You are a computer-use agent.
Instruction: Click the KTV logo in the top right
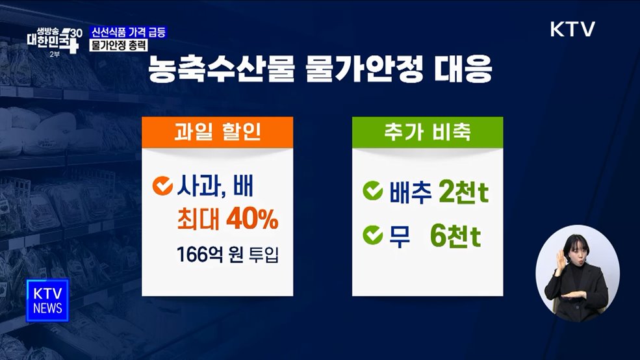572,30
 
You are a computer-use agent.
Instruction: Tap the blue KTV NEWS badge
47,300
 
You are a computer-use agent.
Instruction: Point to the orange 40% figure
252,221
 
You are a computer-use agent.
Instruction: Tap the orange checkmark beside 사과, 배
161,188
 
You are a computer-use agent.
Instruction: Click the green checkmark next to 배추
373,193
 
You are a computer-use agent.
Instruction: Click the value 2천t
464,193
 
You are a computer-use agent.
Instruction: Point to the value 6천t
455,237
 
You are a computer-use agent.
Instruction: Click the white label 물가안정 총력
118,46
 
